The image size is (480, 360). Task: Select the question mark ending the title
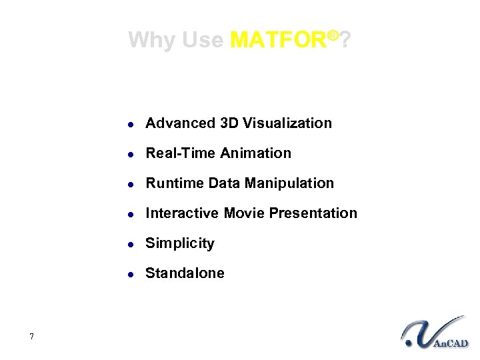[346, 41]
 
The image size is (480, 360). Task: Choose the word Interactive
[182, 213]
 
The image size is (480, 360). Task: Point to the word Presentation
[315, 213]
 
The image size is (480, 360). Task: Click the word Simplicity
[180, 244]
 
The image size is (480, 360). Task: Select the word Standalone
[185, 273]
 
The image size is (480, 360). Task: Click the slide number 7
[32, 336]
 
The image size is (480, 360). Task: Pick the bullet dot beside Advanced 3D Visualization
[132, 124]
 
